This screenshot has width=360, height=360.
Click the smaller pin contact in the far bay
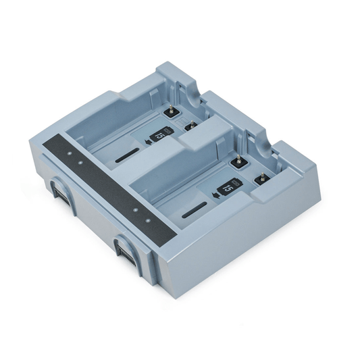click(190, 125)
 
